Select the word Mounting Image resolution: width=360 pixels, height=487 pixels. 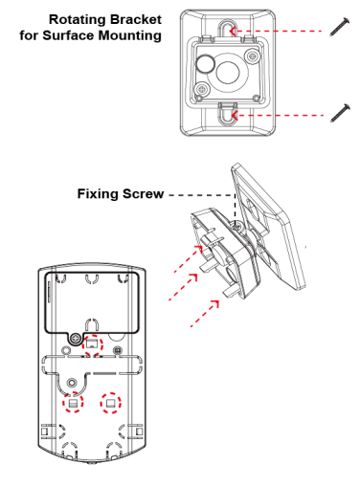tap(129, 35)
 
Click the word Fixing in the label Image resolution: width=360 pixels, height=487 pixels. tap(98, 194)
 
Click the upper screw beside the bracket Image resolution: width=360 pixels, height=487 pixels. tap(340, 27)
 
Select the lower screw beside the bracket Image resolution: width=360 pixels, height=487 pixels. tap(340, 113)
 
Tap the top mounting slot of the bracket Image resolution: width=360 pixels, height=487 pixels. tap(227, 30)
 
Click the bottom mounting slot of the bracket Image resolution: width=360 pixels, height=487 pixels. tap(227, 114)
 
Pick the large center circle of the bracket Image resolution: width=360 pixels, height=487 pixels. tap(228, 73)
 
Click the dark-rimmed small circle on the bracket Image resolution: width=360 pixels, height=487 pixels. tap(205, 63)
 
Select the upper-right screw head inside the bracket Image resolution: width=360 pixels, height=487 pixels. tap(253, 56)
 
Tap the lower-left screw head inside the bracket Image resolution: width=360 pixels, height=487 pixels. tap(202, 89)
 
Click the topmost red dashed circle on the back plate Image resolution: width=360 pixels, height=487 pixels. tap(93, 345)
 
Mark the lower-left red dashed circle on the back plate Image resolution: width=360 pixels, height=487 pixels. tap(73, 402)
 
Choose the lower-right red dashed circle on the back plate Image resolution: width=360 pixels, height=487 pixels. tap(111, 403)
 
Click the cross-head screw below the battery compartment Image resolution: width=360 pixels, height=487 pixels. tap(76, 339)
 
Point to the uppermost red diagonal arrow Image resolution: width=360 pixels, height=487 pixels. tap(189, 258)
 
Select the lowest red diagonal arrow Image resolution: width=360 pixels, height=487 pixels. tap(205, 314)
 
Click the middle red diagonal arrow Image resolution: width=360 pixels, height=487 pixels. tap(183, 287)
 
